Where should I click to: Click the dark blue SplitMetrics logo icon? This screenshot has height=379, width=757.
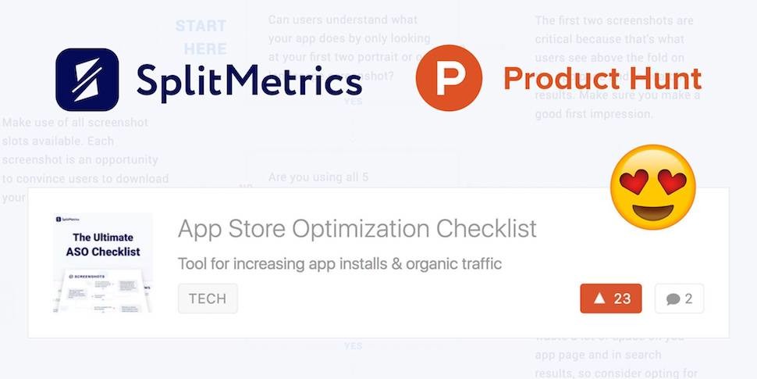point(87,80)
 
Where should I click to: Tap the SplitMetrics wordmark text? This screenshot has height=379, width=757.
point(249,80)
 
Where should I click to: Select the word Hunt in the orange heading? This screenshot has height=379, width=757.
point(661,79)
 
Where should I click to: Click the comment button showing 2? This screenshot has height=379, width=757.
point(679,299)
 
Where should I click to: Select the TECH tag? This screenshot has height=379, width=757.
point(208,299)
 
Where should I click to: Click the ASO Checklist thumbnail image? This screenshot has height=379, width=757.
point(103,263)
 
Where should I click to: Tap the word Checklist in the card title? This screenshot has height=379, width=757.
point(486,228)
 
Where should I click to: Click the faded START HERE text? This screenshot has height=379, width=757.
point(201,38)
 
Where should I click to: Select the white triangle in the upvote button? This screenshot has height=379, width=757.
point(599,299)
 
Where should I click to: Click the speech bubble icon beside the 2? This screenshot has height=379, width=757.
point(673,299)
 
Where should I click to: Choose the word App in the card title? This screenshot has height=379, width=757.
point(200,228)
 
